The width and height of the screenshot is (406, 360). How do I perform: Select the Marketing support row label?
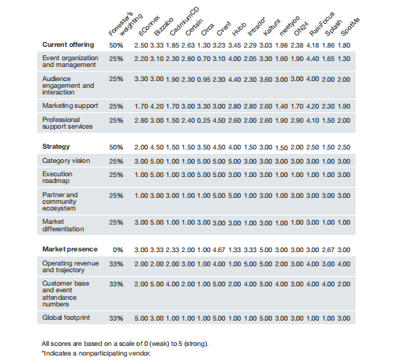click(70, 106)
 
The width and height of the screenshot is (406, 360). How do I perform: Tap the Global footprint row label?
click(66, 318)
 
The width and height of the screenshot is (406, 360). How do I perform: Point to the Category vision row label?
click(67, 161)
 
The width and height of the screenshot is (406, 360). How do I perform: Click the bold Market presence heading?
click(68, 248)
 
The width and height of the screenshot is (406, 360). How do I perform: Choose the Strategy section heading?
click(57, 147)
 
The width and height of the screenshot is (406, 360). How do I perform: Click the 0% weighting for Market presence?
click(117, 248)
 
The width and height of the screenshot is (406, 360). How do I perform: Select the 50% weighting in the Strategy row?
click(116, 147)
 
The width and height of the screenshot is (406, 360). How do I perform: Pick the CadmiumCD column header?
click(181, 21)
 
